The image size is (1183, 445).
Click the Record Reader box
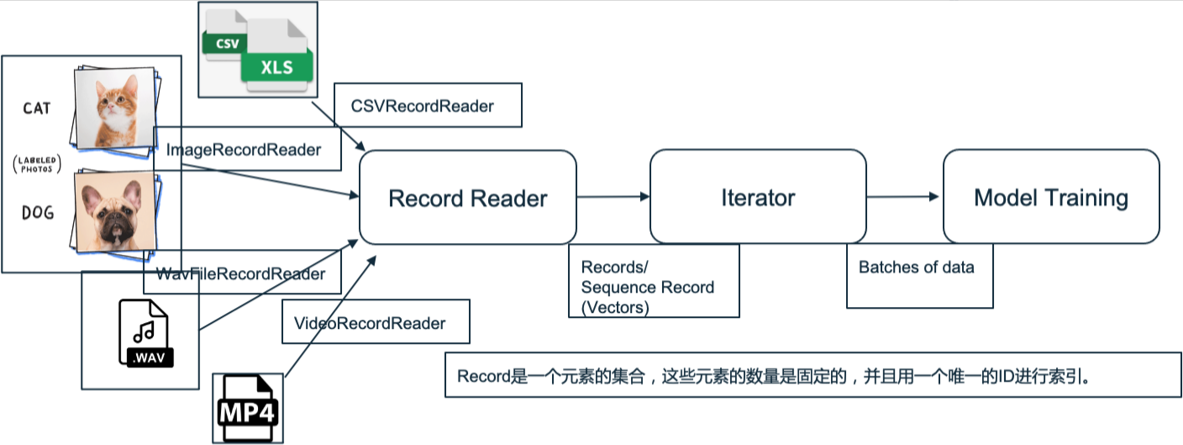(x=468, y=199)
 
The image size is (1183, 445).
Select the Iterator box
(x=758, y=199)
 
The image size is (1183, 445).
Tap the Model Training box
(x=1050, y=199)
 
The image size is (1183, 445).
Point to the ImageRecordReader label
(x=244, y=150)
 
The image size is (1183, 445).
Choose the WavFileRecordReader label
(x=241, y=274)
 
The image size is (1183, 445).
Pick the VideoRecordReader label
(x=369, y=323)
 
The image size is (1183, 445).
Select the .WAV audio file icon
(x=145, y=334)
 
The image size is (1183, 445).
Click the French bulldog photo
(x=114, y=209)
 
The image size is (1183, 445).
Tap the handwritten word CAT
(x=36, y=109)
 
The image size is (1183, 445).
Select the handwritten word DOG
(x=37, y=214)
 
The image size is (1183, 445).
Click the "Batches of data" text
(x=916, y=268)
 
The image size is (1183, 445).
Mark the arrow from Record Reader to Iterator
(x=613, y=197)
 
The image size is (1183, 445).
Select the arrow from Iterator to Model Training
(x=903, y=197)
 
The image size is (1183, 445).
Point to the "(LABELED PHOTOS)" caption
(x=37, y=162)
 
